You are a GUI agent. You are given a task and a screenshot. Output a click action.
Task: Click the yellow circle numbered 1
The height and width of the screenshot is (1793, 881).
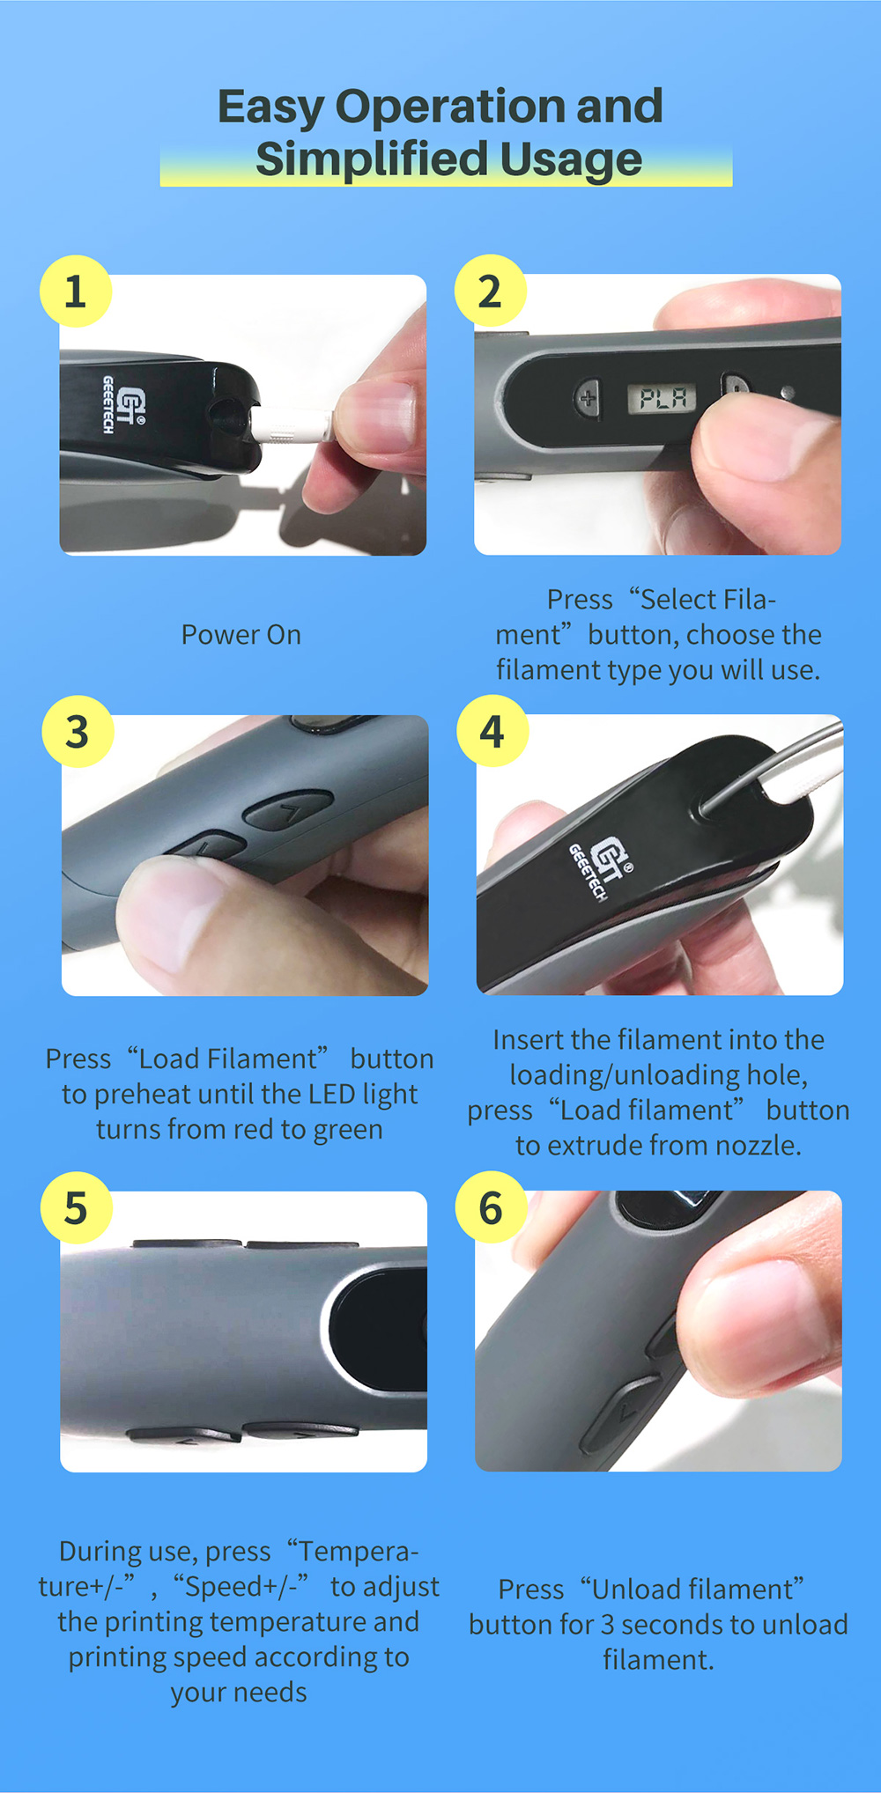click(x=76, y=291)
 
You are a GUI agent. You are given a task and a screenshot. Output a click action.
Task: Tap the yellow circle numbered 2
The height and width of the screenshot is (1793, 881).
click(x=491, y=291)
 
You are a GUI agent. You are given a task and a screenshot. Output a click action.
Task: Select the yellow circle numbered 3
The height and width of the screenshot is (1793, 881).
click(x=78, y=732)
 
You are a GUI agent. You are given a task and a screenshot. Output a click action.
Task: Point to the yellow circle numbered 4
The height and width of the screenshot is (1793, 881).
click(x=492, y=731)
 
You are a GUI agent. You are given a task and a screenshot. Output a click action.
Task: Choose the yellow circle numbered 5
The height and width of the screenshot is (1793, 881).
click(x=77, y=1207)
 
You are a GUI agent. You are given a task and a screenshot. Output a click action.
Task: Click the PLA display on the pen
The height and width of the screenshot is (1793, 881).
click(x=663, y=399)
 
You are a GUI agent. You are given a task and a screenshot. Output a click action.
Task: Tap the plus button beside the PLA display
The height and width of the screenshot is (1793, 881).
click(x=588, y=397)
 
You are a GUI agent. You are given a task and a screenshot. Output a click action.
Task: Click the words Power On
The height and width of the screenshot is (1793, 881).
click(x=241, y=634)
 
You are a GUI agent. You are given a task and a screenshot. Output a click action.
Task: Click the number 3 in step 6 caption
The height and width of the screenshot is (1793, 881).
click(x=608, y=1624)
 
